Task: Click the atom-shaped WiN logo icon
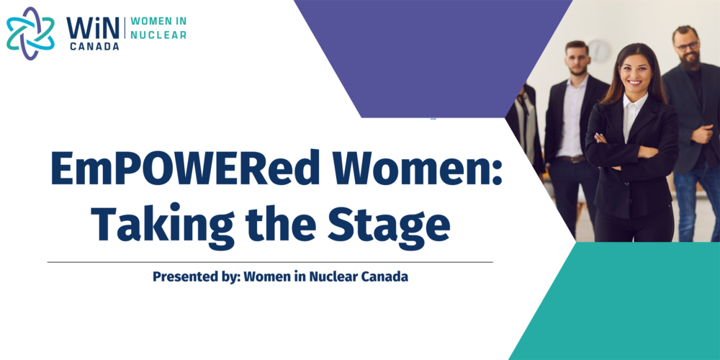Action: coord(30,33)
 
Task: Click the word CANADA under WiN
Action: coord(94,46)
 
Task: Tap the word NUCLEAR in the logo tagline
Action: coord(158,35)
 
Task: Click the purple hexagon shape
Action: coord(431,59)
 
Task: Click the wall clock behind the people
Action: coord(599,50)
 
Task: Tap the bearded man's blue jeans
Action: coord(693,202)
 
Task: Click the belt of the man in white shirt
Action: coord(571,159)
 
